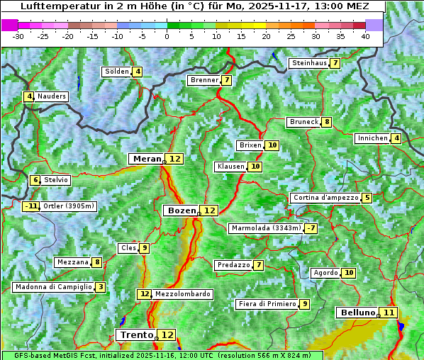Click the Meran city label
tap(147, 159)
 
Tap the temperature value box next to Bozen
tap(209, 210)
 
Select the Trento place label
tap(136, 334)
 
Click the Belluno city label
tap(357, 313)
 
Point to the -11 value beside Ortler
tap(30, 206)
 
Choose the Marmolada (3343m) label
tap(266, 228)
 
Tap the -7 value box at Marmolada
tap(311, 228)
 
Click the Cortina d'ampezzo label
tap(325, 198)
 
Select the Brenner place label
tap(204, 80)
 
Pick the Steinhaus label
tap(309, 63)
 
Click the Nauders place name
tap(52, 96)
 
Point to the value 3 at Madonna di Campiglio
tap(101, 287)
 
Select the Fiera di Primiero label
tap(267, 304)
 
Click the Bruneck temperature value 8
tap(326, 122)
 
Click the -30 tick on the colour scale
tap(19, 36)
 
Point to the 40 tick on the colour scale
tap(365, 36)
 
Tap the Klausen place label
tap(230, 167)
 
